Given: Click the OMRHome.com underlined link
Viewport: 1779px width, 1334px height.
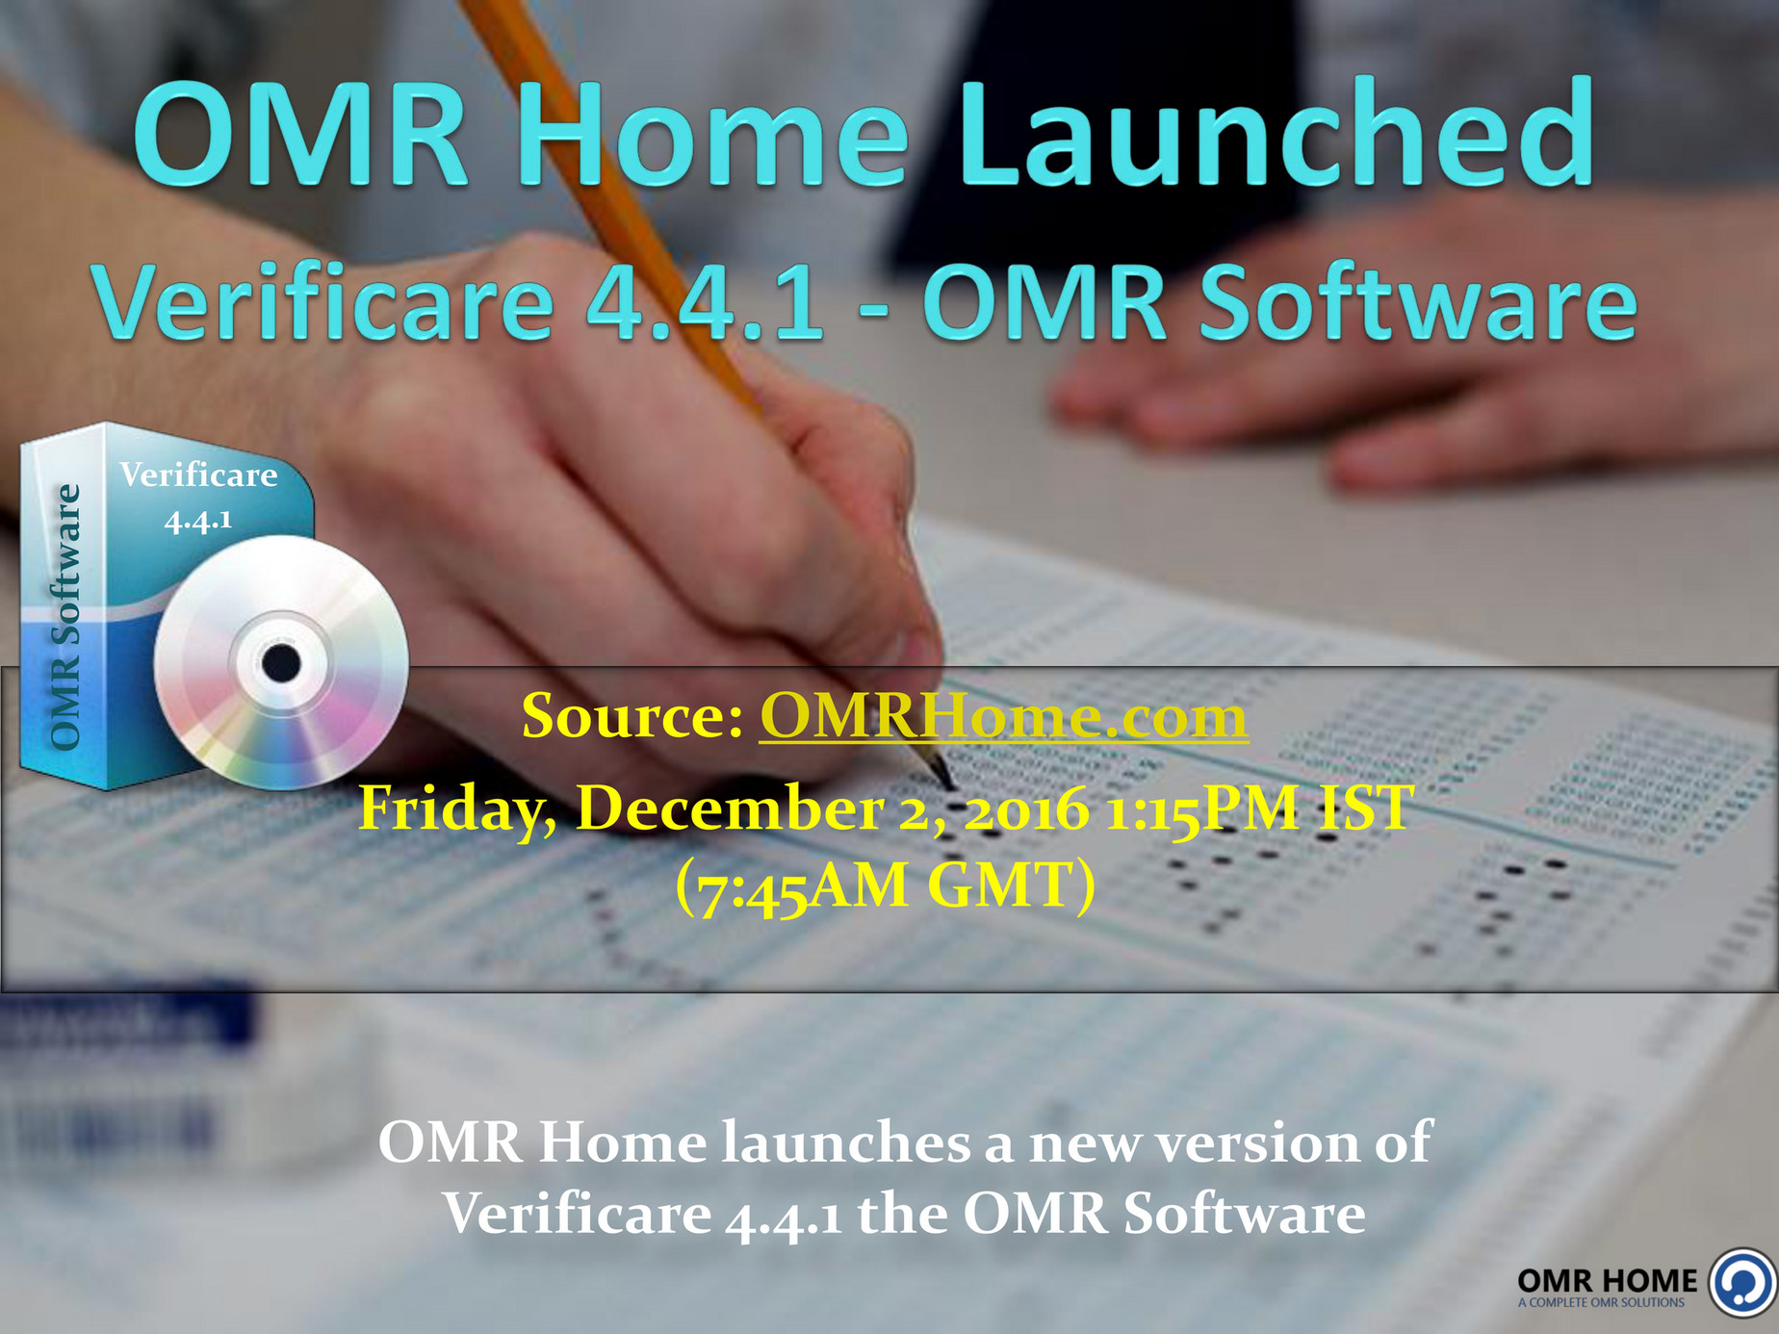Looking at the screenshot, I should point(1003,717).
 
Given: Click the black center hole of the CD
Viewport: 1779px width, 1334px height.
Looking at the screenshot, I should point(281,663).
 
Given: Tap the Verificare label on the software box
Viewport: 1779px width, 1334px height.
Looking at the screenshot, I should point(198,475).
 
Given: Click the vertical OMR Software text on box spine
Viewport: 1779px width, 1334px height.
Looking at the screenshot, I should point(64,616).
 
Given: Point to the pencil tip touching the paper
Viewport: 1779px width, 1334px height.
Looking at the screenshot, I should point(948,781).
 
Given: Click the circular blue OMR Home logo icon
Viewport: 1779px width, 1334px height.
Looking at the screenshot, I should point(1742,1282).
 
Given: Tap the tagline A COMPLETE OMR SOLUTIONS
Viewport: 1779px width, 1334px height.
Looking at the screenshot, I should point(1601,1303).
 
